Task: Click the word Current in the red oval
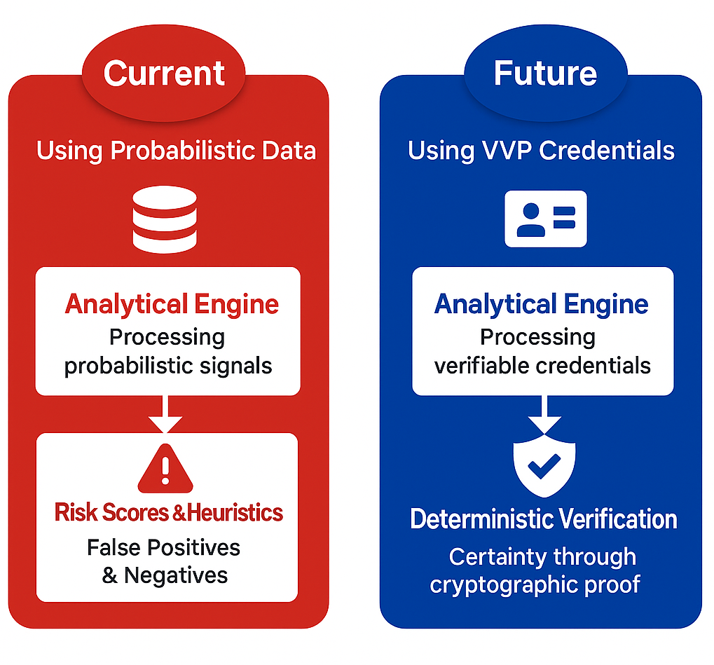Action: coord(164,73)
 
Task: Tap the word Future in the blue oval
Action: coord(545,73)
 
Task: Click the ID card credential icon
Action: coord(546,219)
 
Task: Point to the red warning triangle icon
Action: coord(165,468)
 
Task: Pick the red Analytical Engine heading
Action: coord(172,304)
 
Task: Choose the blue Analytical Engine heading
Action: coord(542,304)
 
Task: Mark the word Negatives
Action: coord(176,575)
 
